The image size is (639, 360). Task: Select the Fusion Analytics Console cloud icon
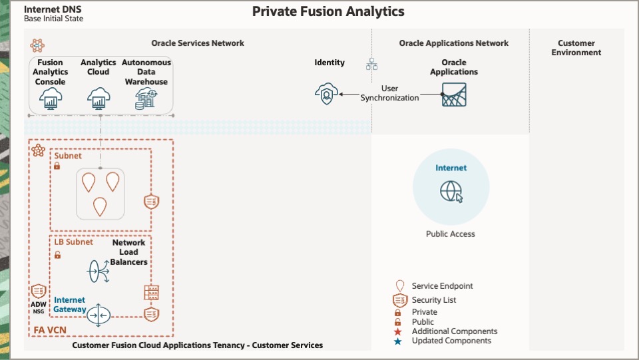tap(51, 99)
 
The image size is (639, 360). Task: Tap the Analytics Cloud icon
tap(99, 99)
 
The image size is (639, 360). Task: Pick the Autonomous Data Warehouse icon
tap(146, 99)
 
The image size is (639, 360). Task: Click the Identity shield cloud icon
tap(326, 94)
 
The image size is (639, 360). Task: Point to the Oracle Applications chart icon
tap(454, 95)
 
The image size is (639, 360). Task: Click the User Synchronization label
tap(390, 93)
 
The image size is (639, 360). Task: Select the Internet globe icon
tap(451, 192)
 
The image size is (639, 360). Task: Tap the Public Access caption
tap(451, 234)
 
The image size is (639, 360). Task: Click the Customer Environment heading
tap(576, 48)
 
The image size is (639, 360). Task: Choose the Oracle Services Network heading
tap(198, 43)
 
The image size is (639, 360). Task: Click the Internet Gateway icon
tap(99, 315)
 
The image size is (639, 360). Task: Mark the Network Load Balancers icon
tap(99, 270)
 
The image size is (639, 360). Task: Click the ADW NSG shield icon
tap(37, 291)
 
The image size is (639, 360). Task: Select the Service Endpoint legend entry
tap(442, 286)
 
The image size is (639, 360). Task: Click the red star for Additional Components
tap(398, 331)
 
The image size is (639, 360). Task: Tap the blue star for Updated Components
tap(398, 341)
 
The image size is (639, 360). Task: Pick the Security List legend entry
tap(433, 300)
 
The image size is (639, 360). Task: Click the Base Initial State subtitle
tap(53, 19)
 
